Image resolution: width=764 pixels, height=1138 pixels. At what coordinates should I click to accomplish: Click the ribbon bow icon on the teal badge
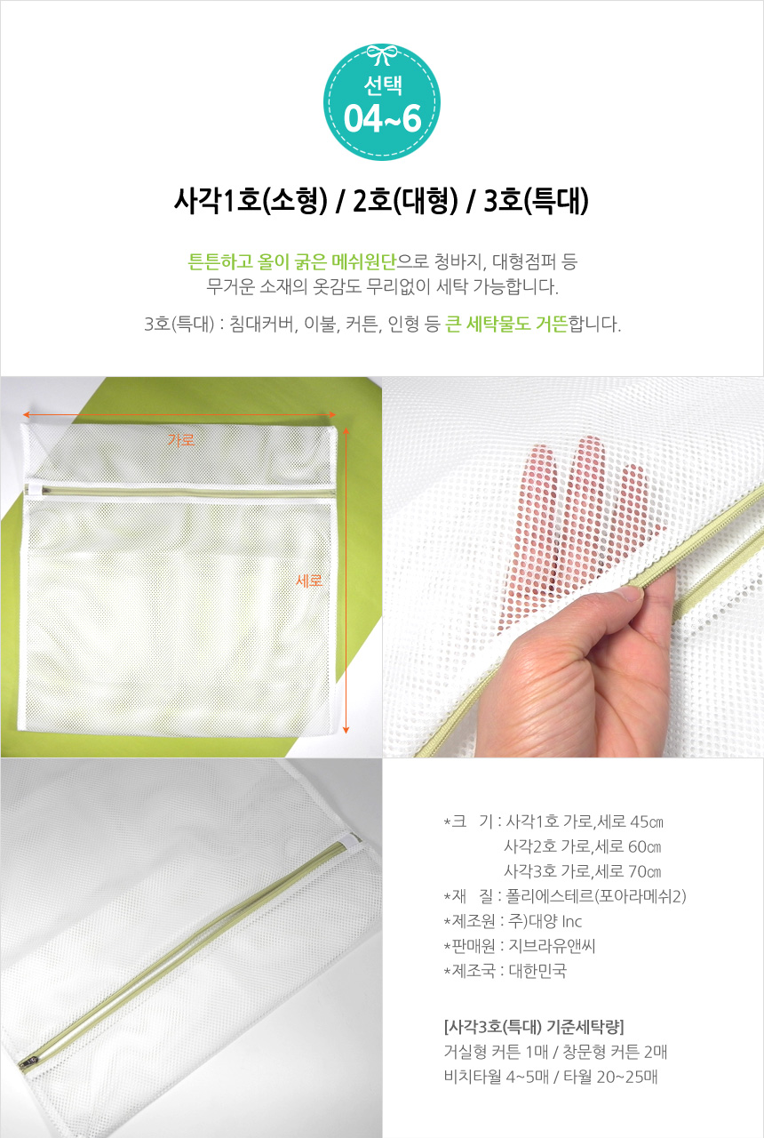[382, 54]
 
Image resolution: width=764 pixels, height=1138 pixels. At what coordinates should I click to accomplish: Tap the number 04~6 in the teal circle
[382, 118]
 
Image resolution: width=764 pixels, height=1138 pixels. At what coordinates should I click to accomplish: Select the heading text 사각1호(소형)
[251, 201]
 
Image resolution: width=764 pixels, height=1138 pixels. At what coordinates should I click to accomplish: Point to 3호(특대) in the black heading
[536, 201]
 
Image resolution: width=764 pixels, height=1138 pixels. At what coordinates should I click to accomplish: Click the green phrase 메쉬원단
[363, 261]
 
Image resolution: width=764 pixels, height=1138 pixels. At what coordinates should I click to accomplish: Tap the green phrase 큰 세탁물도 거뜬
[506, 324]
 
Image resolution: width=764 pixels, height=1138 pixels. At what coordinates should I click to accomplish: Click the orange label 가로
[180, 439]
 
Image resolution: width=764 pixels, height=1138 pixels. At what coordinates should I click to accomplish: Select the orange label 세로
[309, 581]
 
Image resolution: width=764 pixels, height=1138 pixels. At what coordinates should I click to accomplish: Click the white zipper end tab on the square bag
[34, 490]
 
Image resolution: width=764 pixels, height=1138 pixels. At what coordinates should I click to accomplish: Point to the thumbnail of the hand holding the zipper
[573, 567]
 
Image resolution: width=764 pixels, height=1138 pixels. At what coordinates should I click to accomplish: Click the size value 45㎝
[646, 821]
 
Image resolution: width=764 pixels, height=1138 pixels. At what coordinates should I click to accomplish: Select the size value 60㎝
[645, 846]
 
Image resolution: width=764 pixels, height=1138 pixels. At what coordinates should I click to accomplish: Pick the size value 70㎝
[645, 871]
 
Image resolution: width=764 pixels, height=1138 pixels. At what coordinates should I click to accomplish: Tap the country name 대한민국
[537, 971]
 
